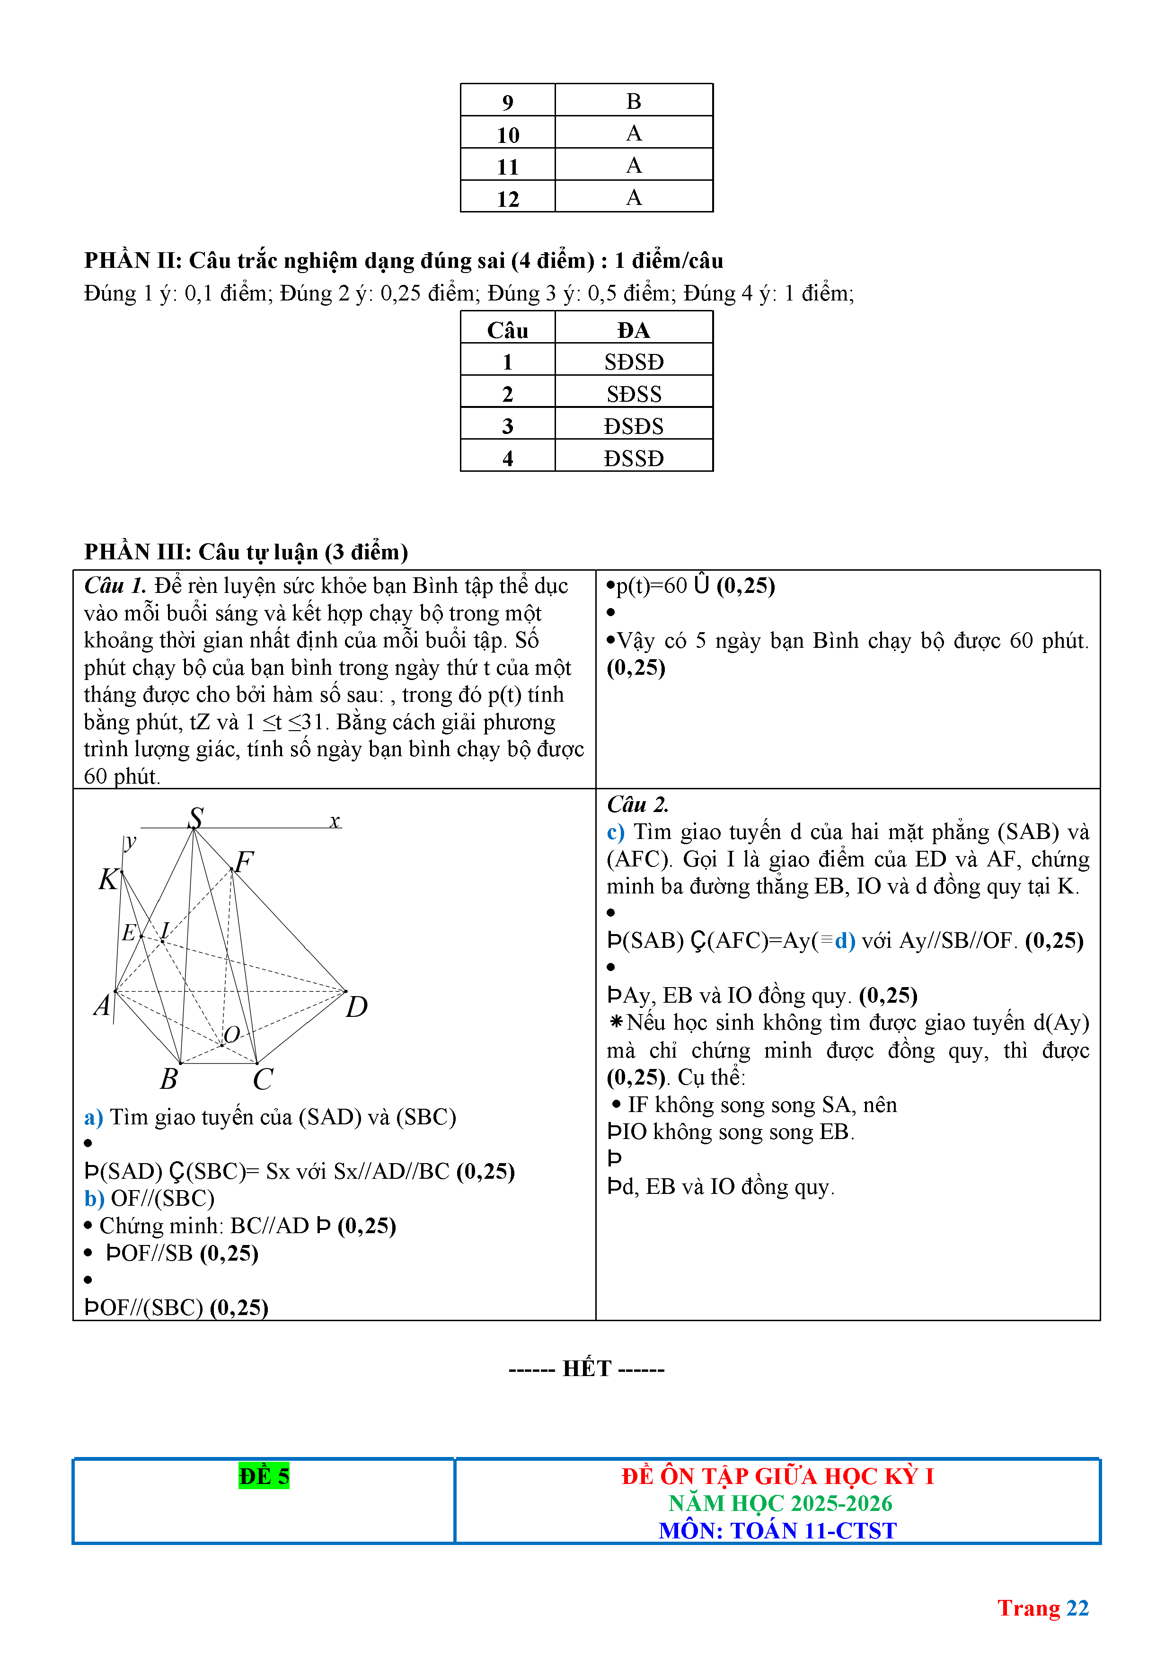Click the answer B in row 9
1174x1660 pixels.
pyautogui.click(x=633, y=101)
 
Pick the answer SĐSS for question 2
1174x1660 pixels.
pyautogui.click(x=633, y=394)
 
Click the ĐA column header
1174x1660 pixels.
pyautogui.click(x=633, y=330)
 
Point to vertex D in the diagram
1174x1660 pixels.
pyautogui.click(x=356, y=1006)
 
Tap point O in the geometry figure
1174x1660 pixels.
pyautogui.click(x=231, y=1034)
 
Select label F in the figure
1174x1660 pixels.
pyautogui.click(x=244, y=861)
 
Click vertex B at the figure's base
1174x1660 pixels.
pyautogui.click(x=169, y=1079)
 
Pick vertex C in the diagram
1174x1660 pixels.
pyautogui.click(x=263, y=1079)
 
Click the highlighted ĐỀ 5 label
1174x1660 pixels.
pyautogui.click(x=264, y=1475)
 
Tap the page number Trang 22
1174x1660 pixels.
pyautogui.click(x=1042, y=1608)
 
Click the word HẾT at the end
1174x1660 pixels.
pyautogui.click(x=587, y=1369)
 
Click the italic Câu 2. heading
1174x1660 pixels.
pyautogui.click(x=637, y=804)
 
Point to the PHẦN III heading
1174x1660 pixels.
pyautogui.click(x=246, y=552)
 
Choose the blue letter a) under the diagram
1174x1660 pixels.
pyautogui.click(x=93, y=1117)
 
